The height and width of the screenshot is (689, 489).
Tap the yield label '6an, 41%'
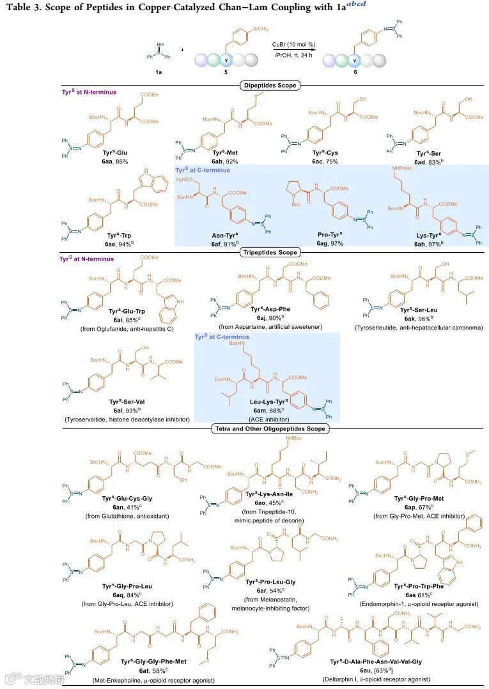pos(117,506)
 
